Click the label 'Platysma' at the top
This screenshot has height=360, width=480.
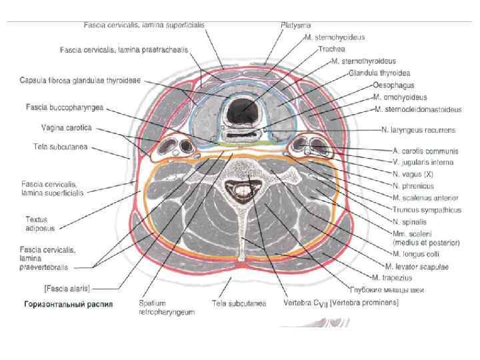click(294, 25)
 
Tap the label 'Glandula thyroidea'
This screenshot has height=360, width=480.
click(379, 72)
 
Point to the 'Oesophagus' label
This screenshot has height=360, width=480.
click(393, 85)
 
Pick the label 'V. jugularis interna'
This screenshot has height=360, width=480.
click(423, 162)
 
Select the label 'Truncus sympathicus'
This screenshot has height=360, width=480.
click(427, 209)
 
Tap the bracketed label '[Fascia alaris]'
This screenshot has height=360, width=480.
click(67, 288)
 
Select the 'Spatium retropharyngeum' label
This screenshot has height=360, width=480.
click(167, 307)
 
